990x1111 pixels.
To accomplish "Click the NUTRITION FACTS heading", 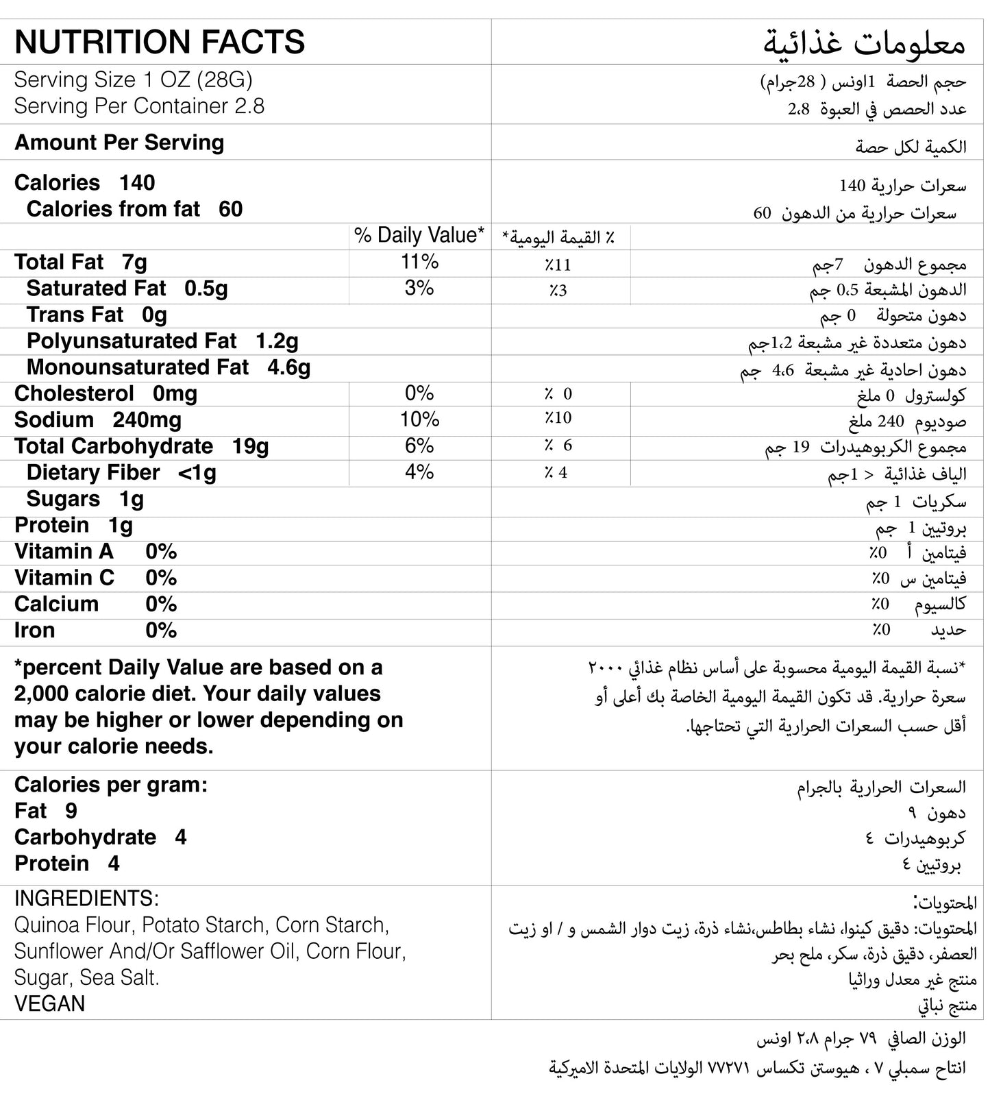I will pyautogui.click(x=159, y=42).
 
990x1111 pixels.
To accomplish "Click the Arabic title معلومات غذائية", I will pyautogui.click(x=864, y=44).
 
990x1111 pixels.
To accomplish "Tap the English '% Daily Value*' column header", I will pyautogui.click(x=419, y=236).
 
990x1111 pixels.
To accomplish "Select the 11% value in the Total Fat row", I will pyautogui.click(x=419, y=262).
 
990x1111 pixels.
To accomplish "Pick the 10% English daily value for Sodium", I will pyautogui.click(x=419, y=419).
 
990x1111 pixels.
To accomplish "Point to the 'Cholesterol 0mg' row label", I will pyautogui.click(x=106, y=393).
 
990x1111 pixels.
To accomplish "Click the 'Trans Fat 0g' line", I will pyautogui.click(x=97, y=315).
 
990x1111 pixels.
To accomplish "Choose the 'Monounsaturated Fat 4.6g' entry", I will pyautogui.click(x=168, y=367).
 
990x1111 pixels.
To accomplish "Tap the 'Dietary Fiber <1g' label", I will pyautogui.click(x=121, y=472).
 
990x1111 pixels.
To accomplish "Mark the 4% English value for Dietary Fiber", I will pyautogui.click(x=419, y=472).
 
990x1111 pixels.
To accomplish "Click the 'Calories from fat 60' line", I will pyautogui.click(x=134, y=209).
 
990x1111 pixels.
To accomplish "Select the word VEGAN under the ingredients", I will pyautogui.click(x=49, y=1003).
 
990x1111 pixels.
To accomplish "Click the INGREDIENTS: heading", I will pyautogui.click(x=86, y=898).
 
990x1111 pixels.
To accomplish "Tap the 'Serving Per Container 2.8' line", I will pyautogui.click(x=139, y=106).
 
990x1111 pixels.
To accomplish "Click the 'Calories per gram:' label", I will pyautogui.click(x=110, y=785).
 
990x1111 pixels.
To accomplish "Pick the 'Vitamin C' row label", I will pyautogui.click(x=64, y=578).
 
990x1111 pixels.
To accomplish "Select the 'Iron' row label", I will pyautogui.click(x=34, y=631).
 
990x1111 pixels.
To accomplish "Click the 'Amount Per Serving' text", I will pyautogui.click(x=119, y=143).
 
